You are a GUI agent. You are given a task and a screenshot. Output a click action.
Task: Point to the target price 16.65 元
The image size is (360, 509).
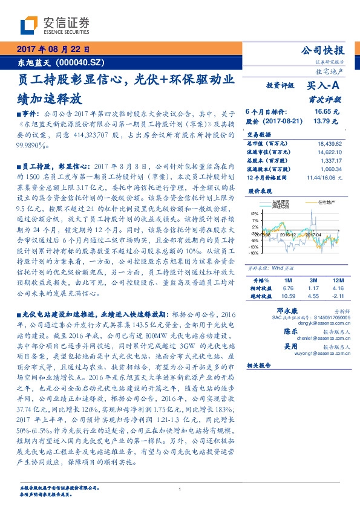[327, 112]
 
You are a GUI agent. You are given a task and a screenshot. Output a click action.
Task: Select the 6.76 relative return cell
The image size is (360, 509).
[289, 288]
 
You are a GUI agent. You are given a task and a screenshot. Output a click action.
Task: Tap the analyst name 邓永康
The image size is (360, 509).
[277, 310]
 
